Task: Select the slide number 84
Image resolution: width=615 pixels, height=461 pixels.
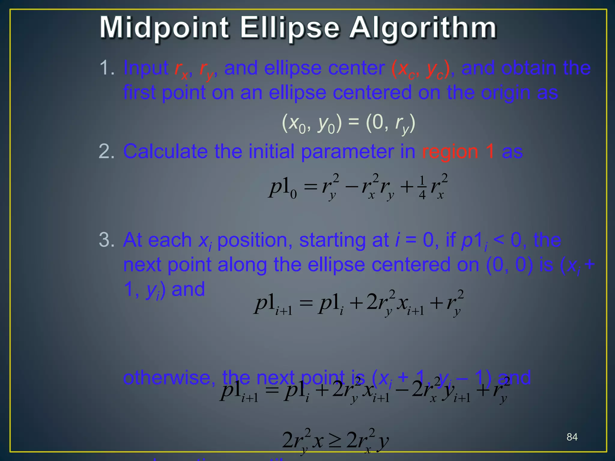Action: (572, 437)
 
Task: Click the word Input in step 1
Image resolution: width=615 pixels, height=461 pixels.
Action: (146, 68)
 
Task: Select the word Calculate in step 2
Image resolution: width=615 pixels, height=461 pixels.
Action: (165, 151)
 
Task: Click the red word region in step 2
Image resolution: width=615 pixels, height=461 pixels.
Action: (450, 151)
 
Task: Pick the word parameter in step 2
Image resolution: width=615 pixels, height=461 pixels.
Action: (347, 152)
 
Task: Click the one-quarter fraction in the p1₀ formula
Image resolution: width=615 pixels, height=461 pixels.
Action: (422, 188)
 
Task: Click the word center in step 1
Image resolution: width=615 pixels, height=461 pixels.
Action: (356, 68)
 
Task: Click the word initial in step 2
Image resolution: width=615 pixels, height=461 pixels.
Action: (271, 151)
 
